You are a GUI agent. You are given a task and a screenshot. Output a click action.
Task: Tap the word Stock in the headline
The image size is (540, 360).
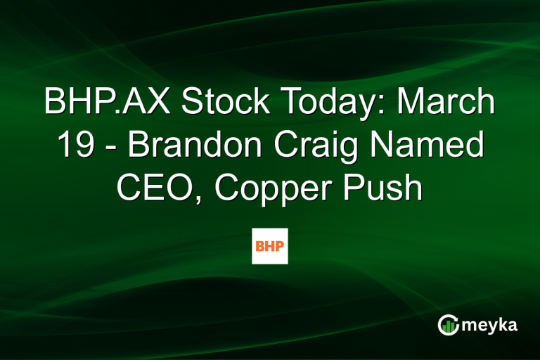[214, 103]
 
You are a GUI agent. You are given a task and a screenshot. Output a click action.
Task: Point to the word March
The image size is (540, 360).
[447, 103]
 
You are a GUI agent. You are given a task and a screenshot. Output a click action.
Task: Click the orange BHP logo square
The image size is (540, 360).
[270, 246]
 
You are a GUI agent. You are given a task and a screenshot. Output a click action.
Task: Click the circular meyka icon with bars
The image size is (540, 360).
[448, 324]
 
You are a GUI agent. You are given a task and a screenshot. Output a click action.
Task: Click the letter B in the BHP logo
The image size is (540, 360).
[260, 246]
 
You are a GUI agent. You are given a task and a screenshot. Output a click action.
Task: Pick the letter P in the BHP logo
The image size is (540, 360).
[280, 246]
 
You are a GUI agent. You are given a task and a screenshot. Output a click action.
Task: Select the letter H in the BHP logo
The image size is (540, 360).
[270, 246]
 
